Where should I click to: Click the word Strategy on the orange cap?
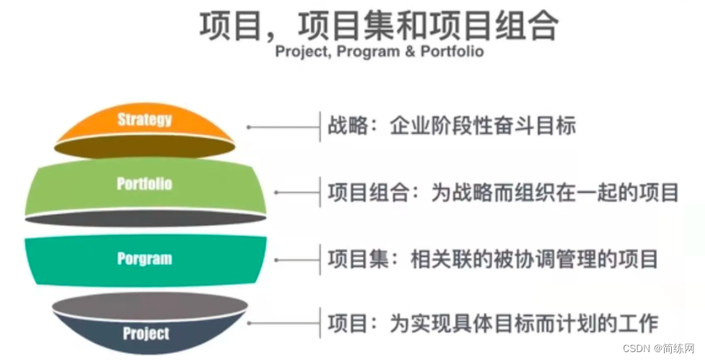(144, 120)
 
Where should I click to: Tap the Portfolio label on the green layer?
(144, 184)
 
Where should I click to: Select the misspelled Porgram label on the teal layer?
(144, 259)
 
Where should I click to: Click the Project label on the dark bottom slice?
(146, 333)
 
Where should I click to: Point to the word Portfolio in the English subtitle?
(452, 51)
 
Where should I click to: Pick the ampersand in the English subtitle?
(410, 51)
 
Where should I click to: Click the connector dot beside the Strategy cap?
(248, 127)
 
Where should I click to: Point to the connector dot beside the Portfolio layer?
(276, 192)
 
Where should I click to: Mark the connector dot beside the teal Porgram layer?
(276, 260)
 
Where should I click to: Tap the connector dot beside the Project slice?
(248, 323)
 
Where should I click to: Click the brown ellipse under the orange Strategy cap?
(145, 148)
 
